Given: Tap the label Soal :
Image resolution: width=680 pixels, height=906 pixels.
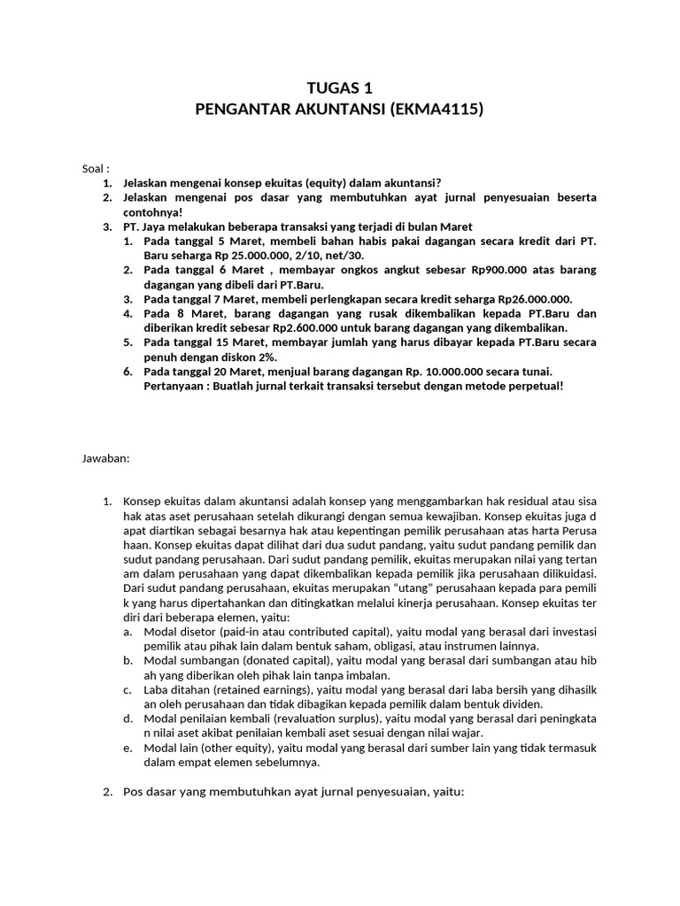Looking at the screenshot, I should point(94,168).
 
